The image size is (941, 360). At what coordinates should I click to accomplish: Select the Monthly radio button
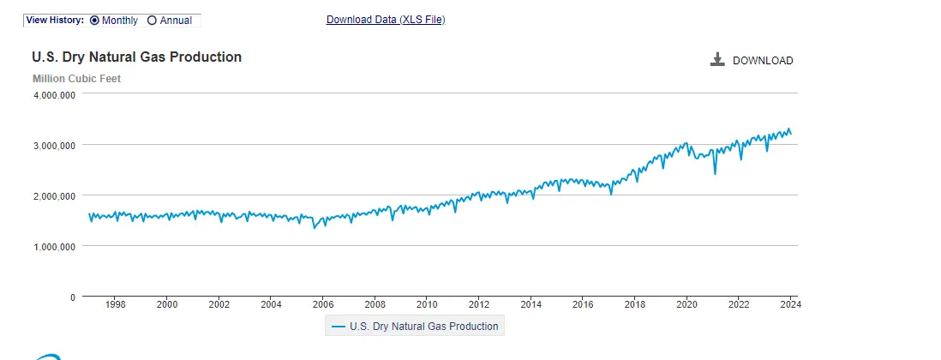94,20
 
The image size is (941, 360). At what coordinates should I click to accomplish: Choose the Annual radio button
152,20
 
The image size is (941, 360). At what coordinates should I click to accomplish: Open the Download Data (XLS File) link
386,20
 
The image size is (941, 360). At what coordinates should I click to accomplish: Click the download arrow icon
718,60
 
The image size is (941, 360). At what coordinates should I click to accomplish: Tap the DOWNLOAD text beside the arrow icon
763,61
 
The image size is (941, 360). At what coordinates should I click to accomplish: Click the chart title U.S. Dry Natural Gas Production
137,57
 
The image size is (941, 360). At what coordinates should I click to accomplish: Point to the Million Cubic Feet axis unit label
76,79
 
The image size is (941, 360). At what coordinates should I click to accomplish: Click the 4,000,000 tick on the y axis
55,95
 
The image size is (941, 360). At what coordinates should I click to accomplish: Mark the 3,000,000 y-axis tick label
55,146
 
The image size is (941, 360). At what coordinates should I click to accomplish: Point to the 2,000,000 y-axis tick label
55,196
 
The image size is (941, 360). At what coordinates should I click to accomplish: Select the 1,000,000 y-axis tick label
55,247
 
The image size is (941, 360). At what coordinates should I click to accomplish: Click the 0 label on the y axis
73,297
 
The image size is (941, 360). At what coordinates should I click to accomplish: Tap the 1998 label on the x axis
116,304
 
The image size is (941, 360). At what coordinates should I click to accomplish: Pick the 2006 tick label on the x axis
323,304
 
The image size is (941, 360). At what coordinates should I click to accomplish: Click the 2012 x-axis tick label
479,304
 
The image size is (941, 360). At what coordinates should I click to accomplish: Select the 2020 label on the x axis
686,304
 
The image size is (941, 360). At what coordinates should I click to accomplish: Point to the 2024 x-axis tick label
790,304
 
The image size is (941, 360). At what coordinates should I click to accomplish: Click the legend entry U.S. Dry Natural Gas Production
415,327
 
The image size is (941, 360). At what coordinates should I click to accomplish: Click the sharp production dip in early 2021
715,173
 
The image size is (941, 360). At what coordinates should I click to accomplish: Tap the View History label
55,20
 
